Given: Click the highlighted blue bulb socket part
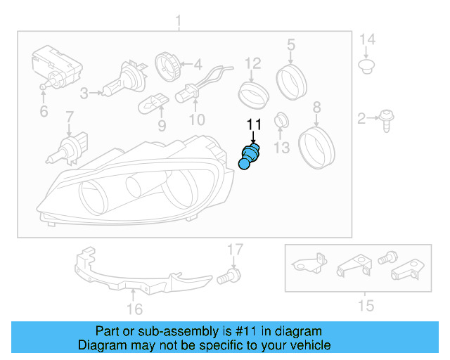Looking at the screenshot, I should pos(250,156).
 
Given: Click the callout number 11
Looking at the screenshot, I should pos(253,126).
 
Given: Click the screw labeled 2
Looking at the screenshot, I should pos(386,120).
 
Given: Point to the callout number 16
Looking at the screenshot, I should pos(134,309).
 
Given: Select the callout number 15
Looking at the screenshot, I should pos(365,306).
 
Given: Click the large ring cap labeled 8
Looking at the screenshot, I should pos(316,144).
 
